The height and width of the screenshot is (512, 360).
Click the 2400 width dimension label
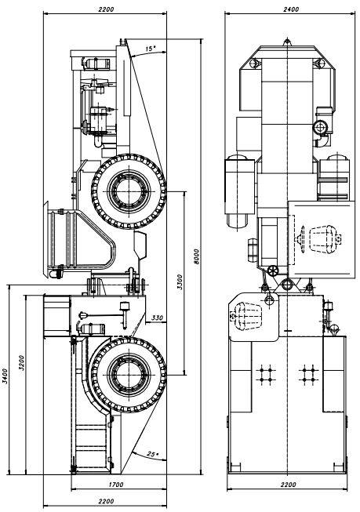pos(291,9)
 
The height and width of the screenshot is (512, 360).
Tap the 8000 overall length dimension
pos(196,256)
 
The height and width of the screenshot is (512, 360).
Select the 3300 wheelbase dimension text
pos(180,282)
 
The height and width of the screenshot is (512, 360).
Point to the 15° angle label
pos(151,49)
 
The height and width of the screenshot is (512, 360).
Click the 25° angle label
pos(152,454)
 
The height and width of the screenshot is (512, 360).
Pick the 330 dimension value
pos(158,318)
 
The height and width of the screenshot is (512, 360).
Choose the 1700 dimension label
pos(115,485)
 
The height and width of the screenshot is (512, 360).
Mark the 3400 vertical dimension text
pos(5,376)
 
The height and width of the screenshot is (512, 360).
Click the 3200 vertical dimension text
pos(21,362)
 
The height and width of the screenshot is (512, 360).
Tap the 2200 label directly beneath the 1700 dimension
pos(106,501)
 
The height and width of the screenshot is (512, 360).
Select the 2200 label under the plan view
pos(288,485)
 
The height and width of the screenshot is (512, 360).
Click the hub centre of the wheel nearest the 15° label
pos(129,191)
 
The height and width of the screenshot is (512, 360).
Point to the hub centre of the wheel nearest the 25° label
pos(129,375)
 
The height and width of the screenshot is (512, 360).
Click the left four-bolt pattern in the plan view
pos(266,375)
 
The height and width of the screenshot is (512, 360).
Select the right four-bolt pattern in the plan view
pos(309,375)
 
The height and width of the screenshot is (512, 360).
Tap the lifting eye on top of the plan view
pos(287,42)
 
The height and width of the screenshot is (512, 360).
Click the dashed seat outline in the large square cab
pos(321,238)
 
